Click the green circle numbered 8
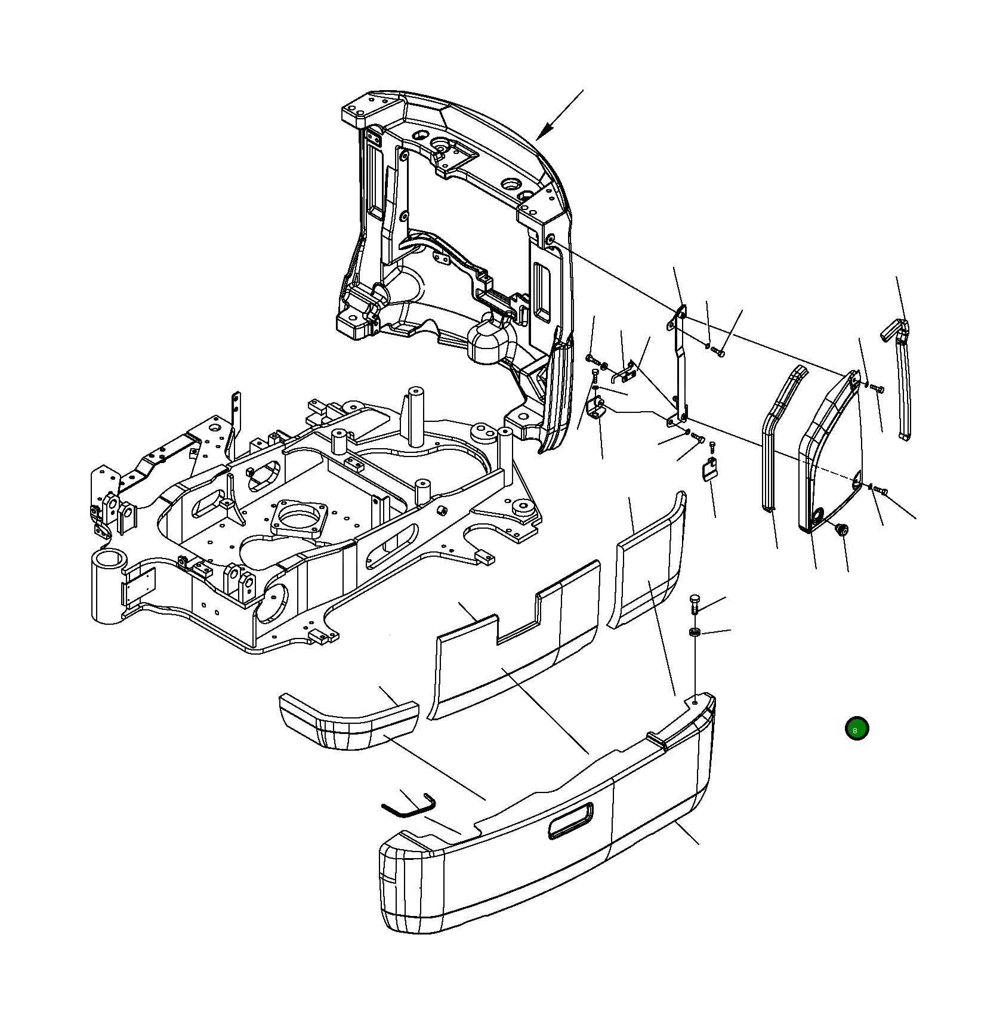click(856, 729)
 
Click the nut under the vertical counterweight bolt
click(694, 632)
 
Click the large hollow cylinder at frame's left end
click(109, 587)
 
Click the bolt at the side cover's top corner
click(877, 388)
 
